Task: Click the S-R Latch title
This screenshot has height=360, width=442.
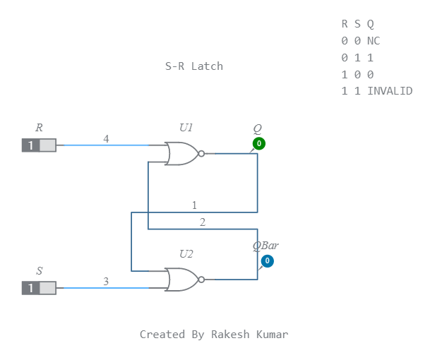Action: tap(194, 66)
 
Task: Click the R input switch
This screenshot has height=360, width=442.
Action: tap(39, 145)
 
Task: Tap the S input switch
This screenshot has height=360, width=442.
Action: tap(39, 288)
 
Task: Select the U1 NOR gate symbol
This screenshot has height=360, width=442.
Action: tap(181, 153)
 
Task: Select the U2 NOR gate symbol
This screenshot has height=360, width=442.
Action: tap(181, 280)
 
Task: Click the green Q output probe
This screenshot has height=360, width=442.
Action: tap(259, 144)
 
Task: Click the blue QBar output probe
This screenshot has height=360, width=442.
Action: tap(267, 261)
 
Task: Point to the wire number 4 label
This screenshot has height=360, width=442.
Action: tap(106, 139)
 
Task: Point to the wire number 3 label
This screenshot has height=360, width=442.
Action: tap(106, 282)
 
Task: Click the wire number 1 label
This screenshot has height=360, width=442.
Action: tap(194, 205)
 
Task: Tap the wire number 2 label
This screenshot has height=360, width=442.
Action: tap(203, 222)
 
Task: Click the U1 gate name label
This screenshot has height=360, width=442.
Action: tap(186, 128)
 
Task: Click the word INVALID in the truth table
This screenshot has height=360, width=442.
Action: tap(390, 91)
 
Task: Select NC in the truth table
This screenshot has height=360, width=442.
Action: tap(374, 41)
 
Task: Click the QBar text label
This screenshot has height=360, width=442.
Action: tap(265, 246)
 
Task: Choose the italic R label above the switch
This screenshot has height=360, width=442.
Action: tap(39, 128)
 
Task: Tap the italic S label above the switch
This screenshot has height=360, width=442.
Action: tap(39, 271)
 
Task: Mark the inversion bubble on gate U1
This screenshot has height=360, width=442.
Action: tap(201, 153)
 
